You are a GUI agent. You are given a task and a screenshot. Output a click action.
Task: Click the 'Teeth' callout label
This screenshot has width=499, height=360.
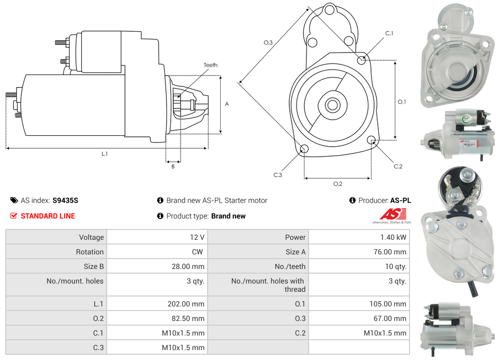210,65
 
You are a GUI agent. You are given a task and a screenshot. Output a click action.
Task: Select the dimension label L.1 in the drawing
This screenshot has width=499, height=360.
105,154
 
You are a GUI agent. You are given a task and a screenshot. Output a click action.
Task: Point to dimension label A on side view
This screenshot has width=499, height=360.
227,104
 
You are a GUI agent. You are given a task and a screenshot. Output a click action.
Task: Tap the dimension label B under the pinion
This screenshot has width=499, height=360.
173,166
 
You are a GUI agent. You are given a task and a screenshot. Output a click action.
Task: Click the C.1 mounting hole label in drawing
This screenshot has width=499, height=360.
389,33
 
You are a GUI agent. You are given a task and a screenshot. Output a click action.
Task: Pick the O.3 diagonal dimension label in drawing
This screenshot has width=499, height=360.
268,42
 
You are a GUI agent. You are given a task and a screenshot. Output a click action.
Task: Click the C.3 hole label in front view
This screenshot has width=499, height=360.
278,175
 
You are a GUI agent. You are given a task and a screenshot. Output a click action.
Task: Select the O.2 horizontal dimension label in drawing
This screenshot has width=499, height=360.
337,184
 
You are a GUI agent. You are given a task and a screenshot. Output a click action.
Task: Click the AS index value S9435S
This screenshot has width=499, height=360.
66,200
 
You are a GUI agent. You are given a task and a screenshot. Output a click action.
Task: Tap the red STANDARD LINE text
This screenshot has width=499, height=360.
48,216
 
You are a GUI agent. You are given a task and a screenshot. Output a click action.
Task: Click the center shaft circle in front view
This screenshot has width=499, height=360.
332,105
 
